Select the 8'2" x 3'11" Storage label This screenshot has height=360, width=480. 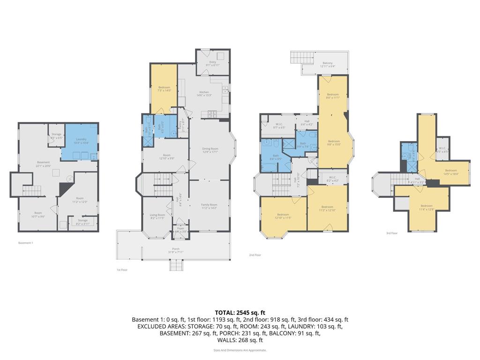82,222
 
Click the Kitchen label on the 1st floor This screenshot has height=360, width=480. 204,93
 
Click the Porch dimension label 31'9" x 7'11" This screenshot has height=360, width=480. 176,250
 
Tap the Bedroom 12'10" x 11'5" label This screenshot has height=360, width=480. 283,216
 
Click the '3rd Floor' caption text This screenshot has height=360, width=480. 392,233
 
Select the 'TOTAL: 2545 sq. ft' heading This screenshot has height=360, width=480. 240,312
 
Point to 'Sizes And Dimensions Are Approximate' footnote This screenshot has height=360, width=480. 240,350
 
